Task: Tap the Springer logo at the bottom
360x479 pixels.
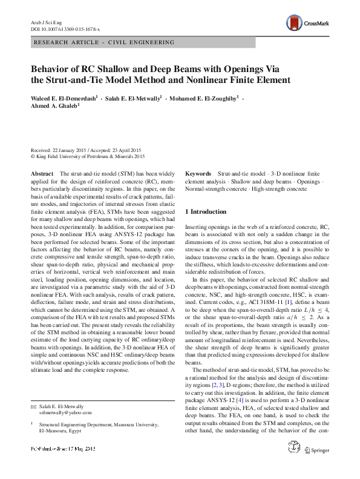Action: click(318, 467)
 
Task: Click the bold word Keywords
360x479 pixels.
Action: click(198, 173)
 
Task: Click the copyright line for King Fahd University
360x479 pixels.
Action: click(89, 155)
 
